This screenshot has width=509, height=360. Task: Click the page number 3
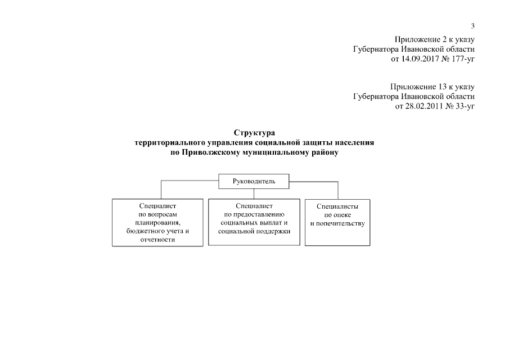[473, 26]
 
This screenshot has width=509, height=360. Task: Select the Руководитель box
[254, 181]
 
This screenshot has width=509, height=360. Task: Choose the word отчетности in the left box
[157, 240]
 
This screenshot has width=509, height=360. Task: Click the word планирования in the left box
[157, 223]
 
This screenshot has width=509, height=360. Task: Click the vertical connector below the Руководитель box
[254, 193]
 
